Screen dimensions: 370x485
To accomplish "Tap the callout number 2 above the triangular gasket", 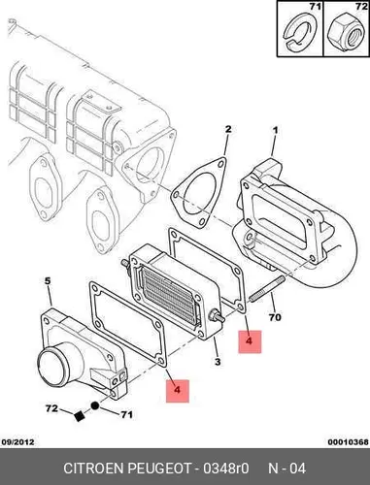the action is click(x=228, y=129).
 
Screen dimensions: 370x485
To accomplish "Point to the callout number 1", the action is click(x=275, y=131).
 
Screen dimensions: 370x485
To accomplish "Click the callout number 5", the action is click(x=48, y=281).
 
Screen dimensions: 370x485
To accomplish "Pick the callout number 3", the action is click(x=218, y=362).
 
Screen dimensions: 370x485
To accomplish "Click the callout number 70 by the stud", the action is click(x=275, y=317).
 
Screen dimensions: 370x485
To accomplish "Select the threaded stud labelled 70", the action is click(x=267, y=288).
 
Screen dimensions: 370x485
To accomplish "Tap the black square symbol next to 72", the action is click(x=79, y=416).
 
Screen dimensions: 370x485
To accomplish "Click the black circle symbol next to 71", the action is click(x=94, y=405).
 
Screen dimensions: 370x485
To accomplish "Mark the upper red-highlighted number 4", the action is click(x=250, y=341).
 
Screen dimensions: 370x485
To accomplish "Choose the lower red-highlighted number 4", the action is click(x=177, y=390).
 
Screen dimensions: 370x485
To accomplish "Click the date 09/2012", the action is click(x=17, y=441).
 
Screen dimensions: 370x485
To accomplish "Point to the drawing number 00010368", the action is click(x=349, y=442).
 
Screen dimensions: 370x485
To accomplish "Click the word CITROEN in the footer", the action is click(x=94, y=469).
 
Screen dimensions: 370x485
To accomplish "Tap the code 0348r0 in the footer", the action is click(x=225, y=469).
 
